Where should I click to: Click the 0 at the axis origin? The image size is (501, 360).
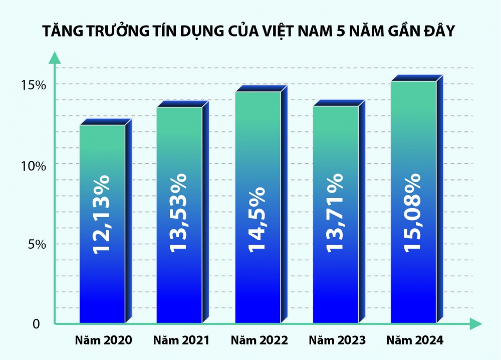(36, 324)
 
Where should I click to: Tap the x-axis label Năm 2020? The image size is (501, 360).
(103, 340)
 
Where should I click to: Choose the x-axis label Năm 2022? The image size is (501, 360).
(260, 340)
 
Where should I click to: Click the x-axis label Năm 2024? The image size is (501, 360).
(415, 340)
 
